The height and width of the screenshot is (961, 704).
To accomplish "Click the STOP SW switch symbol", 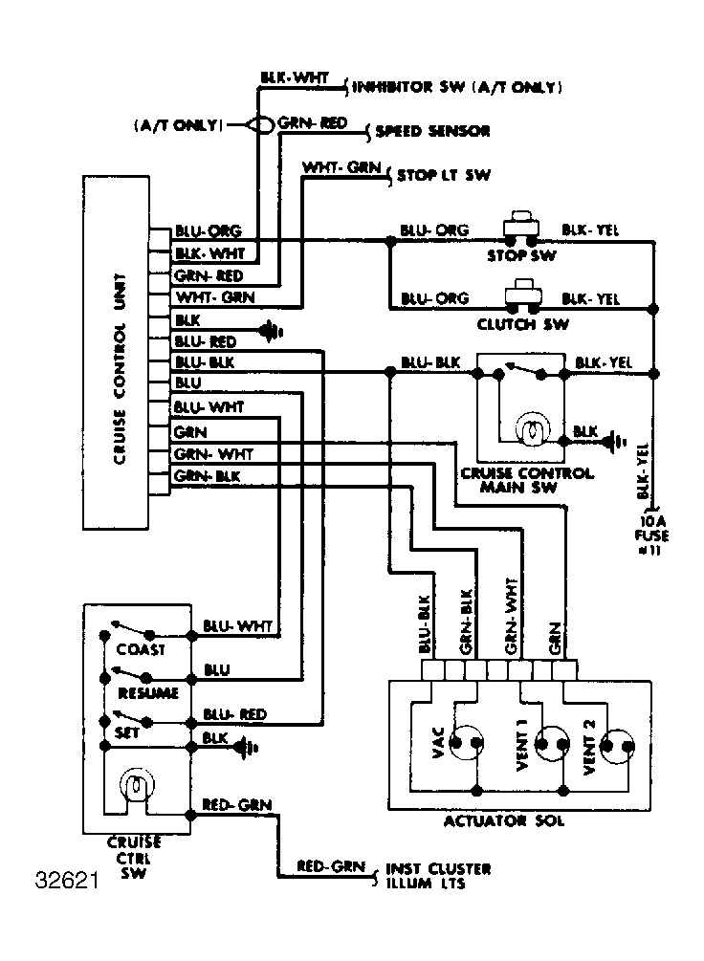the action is pos(520,228).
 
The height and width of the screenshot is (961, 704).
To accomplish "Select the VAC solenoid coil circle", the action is pos(466,743).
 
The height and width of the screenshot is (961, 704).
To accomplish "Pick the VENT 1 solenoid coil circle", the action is pos(552,744).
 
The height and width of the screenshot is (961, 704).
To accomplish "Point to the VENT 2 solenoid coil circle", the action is pos(618,746).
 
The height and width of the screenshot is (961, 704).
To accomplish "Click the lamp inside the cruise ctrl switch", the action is pos(137,784).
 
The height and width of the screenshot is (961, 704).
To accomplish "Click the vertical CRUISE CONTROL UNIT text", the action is pos(120,369).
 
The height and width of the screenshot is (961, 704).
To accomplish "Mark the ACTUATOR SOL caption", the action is pos(503,820).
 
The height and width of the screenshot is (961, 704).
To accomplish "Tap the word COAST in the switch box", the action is pos(141,649).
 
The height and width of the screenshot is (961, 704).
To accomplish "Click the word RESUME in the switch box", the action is pos(148,693).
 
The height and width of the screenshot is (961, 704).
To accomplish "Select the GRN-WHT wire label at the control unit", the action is pos(213,454).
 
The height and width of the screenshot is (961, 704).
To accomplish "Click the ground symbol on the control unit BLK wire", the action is pos(270,332).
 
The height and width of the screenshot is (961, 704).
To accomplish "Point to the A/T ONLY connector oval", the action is pos(260,125).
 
